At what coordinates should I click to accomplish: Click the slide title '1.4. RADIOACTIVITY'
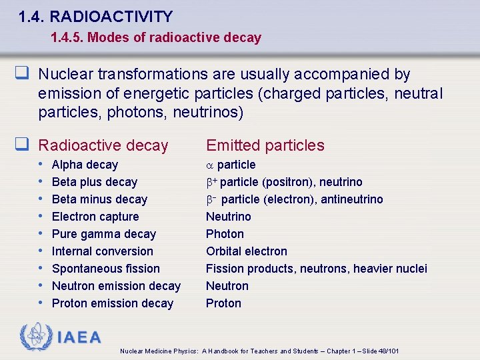point(96,17)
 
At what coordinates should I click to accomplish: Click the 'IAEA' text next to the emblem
point(79,337)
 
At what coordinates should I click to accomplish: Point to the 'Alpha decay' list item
point(85,165)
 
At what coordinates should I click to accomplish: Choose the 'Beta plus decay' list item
point(94,182)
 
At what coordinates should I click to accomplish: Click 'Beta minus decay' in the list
point(99,199)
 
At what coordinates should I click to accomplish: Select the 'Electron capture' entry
point(95,217)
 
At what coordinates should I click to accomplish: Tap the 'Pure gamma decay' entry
point(103,234)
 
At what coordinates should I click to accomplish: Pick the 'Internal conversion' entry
point(102,251)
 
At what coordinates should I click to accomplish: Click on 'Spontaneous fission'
point(105,269)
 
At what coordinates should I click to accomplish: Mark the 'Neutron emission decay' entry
point(116,286)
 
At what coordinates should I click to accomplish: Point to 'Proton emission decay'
point(112,303)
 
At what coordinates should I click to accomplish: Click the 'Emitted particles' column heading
point(265,145)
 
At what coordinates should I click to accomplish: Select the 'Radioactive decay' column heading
point(103,145)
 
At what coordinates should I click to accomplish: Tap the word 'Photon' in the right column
point(225,234)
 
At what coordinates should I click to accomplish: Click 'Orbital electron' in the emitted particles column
point(246,251)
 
